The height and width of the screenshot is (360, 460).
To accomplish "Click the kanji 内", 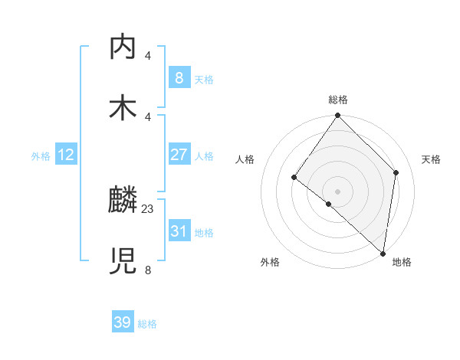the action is click(x=123, y=47).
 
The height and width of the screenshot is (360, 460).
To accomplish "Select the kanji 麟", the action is click(x=123, y=201).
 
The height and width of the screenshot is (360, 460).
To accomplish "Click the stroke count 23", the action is click(x=148, y=208).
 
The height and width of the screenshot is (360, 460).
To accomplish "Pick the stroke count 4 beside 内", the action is click(x=148, y=55).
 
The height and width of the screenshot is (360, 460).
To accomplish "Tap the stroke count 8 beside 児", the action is click(x=148, y=270).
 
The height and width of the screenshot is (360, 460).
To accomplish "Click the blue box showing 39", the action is click(x=123, y=322).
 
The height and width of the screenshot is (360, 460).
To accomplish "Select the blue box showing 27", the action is click(x=179, y=155).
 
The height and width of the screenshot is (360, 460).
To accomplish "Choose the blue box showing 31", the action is click(x=179, y=231).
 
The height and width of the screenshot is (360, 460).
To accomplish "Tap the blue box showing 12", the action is click(x=66, y=155).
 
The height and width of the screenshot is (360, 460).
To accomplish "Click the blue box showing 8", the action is click(x=179, y=77).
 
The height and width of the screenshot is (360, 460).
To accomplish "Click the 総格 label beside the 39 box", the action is click(x=147, y=324).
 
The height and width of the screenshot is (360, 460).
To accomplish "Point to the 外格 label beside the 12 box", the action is click(x=41, y=156).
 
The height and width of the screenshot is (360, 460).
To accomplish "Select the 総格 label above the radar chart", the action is click(x=338, y=100).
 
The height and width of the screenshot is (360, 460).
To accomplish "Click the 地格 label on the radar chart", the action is click(x=402, y=262).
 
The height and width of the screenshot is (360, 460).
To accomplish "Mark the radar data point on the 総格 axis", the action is click(x=338, y=116).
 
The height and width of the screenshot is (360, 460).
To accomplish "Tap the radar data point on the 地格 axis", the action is click(x=383, y=253).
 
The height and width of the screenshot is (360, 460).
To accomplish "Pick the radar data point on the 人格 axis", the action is click(x=294, y=178).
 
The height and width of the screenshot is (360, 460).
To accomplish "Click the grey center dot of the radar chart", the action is click(x=338, y=191).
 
